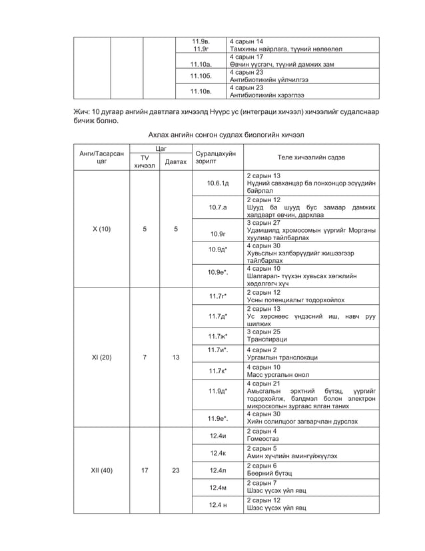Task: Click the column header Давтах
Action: [x=175, y=161]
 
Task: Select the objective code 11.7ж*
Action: [x=217, y=336]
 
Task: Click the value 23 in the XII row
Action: [x=175, y=470]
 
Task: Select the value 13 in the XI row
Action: [x=175, y=357]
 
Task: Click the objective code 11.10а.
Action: [x=201, y=64]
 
